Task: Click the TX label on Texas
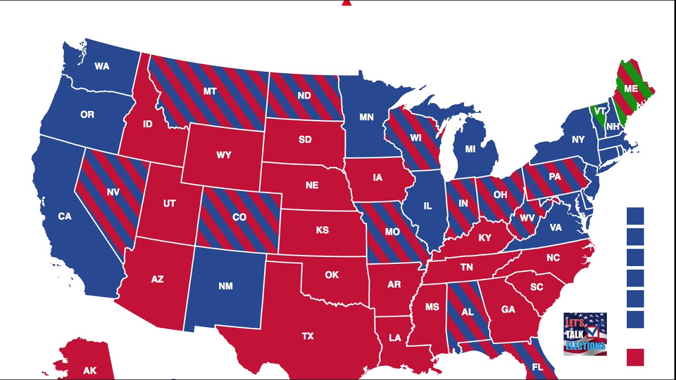[307, 336]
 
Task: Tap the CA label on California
[64, 216]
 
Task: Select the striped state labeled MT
[210, 91]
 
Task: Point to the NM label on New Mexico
[226, 286]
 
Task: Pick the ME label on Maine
[631, 89]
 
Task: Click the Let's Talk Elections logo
[585, 334]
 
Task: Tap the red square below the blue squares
[635, 357]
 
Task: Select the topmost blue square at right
[635, 216]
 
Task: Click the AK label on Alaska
[90, 371]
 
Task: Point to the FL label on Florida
[538, 367]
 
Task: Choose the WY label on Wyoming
[224, 155]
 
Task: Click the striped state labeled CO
[239, 217]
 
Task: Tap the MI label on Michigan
[470, 149]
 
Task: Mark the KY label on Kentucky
[485, 238]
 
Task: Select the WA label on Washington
[102, 66]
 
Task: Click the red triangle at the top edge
[346, 3]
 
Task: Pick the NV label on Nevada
[113, 193]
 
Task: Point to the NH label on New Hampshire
[613, 127]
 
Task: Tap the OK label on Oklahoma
[332, 275]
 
